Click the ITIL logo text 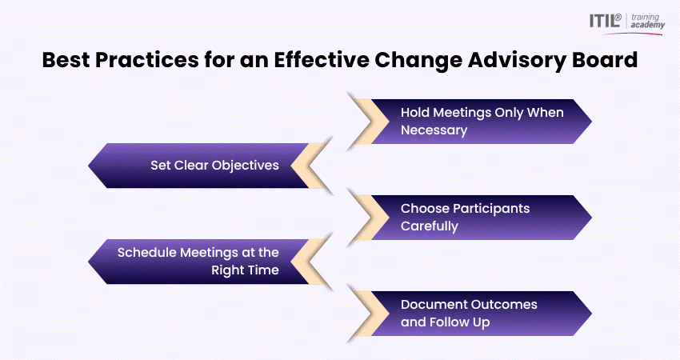coord(605,21)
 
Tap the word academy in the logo coord(647,26)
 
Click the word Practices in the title coord(147,60)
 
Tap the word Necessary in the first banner coord(434,130)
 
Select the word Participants coord(491,209)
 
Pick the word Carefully coord(430,226)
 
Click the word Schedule coord(146,253)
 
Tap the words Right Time coord(245,270)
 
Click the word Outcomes coord(503,305)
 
